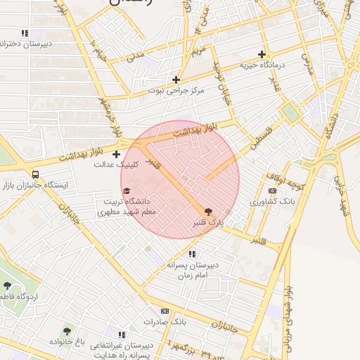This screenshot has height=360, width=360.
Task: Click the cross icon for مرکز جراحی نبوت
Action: tap(176, 79)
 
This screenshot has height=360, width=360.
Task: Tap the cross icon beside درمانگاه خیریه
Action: tap(262, 54)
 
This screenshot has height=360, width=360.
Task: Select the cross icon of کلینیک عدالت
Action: tap(116, 154)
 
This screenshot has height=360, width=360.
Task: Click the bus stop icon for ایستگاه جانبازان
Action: tap(36, 174)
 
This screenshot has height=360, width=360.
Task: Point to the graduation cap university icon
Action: tap(127, 191)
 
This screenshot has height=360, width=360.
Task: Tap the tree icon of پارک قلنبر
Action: tap(207, 211)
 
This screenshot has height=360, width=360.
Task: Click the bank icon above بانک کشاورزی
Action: tap(273, 191)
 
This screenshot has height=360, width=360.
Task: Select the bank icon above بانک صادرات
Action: tap(165, 311)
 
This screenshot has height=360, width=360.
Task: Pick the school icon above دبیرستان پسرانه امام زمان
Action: tap(193, 254)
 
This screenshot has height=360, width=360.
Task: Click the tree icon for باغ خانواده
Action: tap(67, 330)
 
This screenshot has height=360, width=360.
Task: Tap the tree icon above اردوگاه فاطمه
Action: tap(7, 285)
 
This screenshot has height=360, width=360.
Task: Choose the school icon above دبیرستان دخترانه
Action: tap(25, 33)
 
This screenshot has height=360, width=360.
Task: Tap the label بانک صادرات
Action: tap(164, 321)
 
